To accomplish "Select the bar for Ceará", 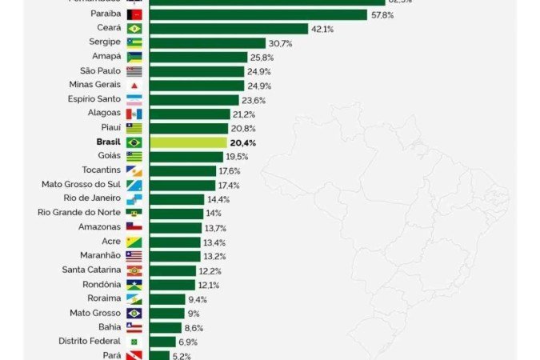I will pyautogui.click(x=229, y=29).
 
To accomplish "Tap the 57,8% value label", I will pyautogui.click(x=381, y=14).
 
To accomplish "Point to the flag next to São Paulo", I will pyautogui.click(x=134, y=71).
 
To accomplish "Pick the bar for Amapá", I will pyautogui.click(x=198, y=58).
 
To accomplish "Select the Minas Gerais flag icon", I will pyautogui.click(x=134, y=86).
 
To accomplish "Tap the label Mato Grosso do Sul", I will pyautogui.click(x=81, y=184).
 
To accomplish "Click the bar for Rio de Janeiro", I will pyautogui.click(x=177, y=199).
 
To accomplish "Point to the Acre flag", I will pyautogui.click(x=134, y=242).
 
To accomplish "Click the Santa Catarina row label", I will pyautogui.click(x=91, y=270).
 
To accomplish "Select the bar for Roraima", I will pyautogui.click(x=167, y=299).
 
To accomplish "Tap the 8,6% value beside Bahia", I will pyautogui.click(x=194, y=328).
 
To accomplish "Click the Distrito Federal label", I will pyautogui.click(x=89, y=341).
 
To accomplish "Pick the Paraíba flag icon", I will pyautogui.click(x=134, y=14).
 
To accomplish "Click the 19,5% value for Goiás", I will pyautogui.click(x=237, y=157).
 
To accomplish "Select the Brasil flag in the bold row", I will pyautogui.click(x=134, y=142).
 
